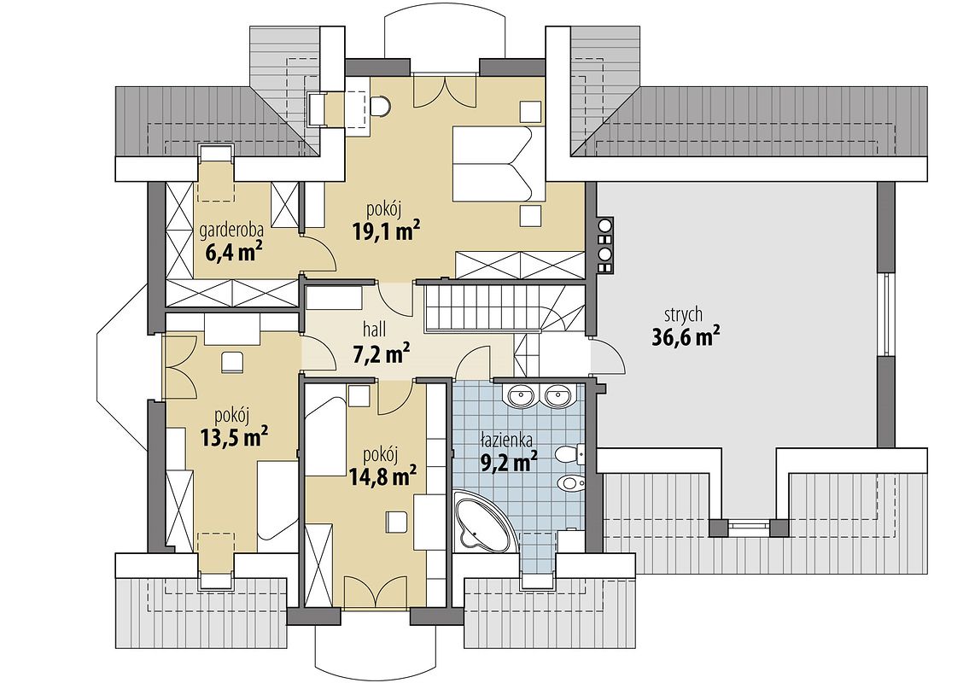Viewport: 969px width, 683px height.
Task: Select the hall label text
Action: pos(371,330)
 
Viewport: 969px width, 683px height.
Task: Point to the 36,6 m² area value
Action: pos(686,337)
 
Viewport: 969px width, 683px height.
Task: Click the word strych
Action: pos(683,315)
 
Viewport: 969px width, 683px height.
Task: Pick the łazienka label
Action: pos(507,440)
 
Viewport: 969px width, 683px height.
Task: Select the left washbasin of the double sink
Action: pos(522,394)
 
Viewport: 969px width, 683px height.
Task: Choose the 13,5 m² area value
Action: pos(234,437)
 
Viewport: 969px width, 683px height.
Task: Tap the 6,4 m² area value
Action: pos(231,252)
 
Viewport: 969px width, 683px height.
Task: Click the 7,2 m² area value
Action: pos(381,354)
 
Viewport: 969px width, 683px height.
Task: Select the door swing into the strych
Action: pos(610,357)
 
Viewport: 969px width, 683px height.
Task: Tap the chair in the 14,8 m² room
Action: pos(396,522)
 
